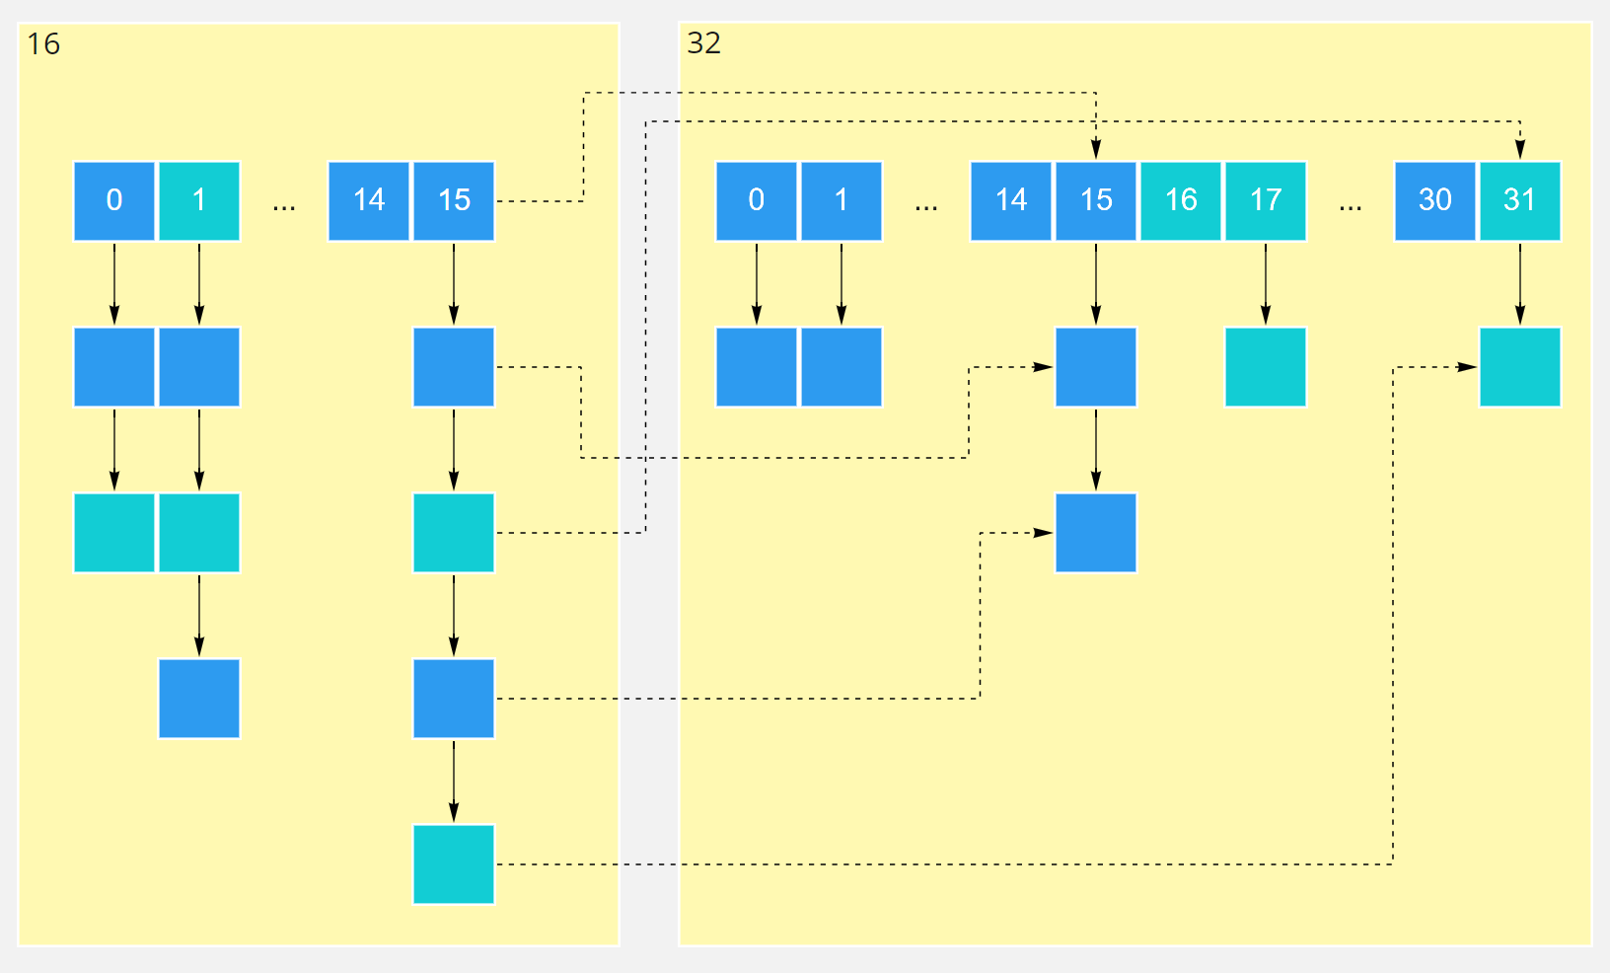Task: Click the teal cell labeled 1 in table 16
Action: click(x=199, y=201)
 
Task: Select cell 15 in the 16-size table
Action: click(x=454, y=201)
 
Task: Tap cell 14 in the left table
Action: click(x=369, y=201)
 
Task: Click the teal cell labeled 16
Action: click(x=1181, y=201)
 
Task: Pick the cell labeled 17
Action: click(x=1266, y=201)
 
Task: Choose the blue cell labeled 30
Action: click(x=1435, y=201)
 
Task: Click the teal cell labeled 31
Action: click(x=1520, y=201)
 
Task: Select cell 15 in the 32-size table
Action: click(x=1096, y=201)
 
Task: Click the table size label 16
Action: click(x=43, y=44)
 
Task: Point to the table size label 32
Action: click(x=704, y=43)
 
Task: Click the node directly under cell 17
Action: click(x=1266, y=367)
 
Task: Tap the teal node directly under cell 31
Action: click(x=1520, y=367)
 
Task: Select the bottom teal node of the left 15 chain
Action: click(x=454, y=864)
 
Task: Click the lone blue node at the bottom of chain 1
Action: click(x=199, y=699)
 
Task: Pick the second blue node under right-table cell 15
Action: click(x=1096, y=533)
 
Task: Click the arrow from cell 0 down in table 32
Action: click(x=757, y=284)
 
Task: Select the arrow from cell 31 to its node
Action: click(x=1520, y=284)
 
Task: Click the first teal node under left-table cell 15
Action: click(x=454, y=533)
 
